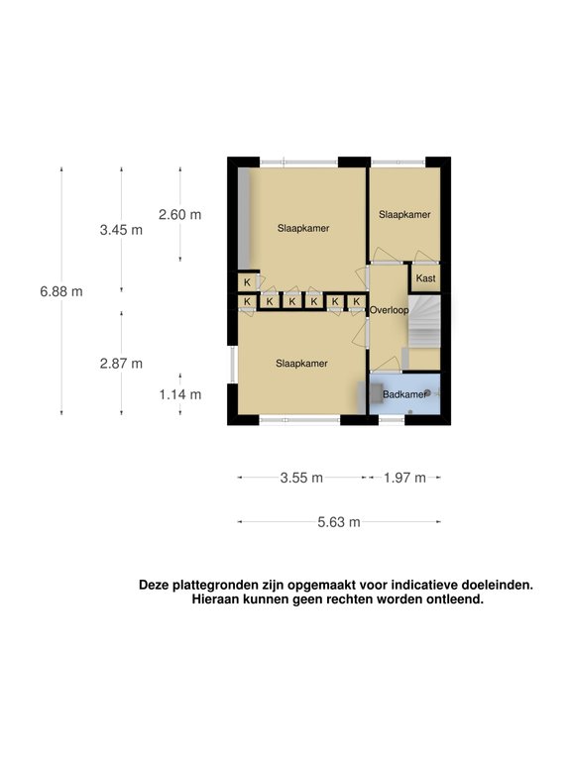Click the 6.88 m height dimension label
coord(61,291)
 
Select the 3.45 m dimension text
coord(121,230)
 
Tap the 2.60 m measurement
coord(179,214)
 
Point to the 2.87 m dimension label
coord(121,364)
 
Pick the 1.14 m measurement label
coord(180,394)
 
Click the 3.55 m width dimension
coord(302,478)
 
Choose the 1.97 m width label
coord(404,478)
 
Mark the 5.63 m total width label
coord(339,523)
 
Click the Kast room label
coord(425,278)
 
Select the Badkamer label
coord(404,394)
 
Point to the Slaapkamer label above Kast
coord(404,215)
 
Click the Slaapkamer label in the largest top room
coord(302,228)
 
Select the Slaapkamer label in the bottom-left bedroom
coord(301,364)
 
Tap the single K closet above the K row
coord(247,282)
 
